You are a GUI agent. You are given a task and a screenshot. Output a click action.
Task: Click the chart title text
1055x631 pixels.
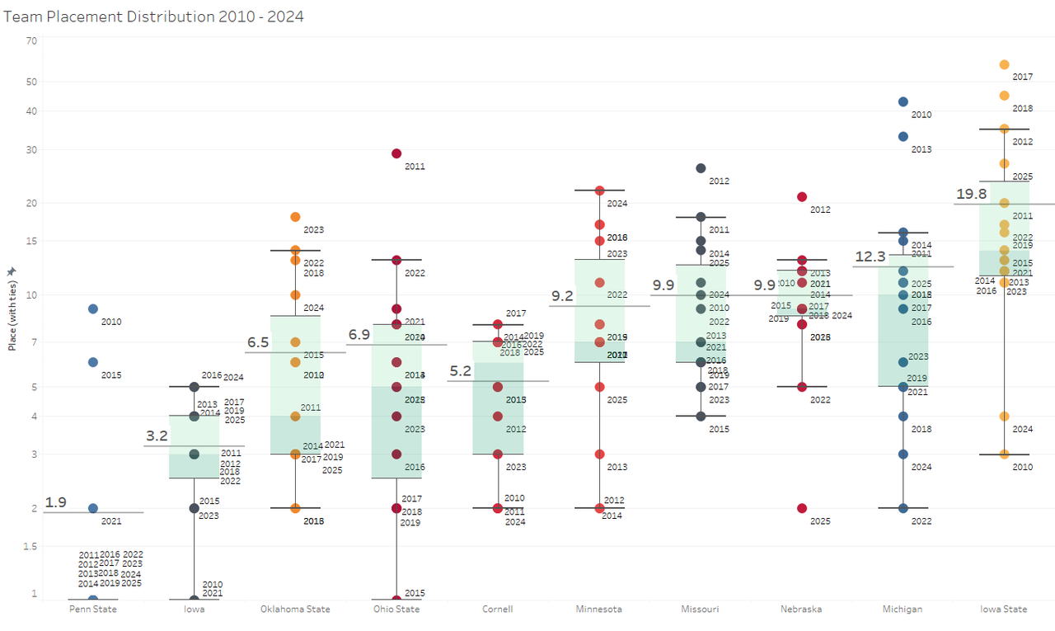coord(154,16)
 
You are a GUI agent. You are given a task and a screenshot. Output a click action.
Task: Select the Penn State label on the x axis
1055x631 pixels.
coord(93,610)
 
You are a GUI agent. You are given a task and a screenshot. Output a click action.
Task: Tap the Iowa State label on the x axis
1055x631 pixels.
coord(1003,610)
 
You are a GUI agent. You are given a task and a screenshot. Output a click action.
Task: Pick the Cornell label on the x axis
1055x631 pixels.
coord(498,610)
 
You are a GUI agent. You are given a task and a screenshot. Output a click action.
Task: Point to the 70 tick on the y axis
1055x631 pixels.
coord(31,40)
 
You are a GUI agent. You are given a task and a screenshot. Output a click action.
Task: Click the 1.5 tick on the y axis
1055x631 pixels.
coord(30,546)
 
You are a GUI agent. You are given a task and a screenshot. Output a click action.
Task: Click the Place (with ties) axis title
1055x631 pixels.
coord(12,308)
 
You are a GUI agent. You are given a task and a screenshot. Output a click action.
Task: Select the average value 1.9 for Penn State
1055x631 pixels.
coord(56,502)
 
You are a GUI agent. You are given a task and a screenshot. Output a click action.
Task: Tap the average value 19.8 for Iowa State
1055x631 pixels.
coord(971,194)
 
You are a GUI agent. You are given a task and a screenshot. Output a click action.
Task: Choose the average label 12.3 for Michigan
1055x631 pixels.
coord(870,257)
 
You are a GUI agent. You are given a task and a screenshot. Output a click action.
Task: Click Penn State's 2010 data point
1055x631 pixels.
coord(93,309)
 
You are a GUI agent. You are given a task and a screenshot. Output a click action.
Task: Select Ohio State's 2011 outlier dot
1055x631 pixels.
coord(396,153)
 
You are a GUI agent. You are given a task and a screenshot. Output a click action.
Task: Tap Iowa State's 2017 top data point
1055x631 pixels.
coord(1004,64)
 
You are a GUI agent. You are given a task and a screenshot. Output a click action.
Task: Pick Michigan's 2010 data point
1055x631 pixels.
coord(903,101)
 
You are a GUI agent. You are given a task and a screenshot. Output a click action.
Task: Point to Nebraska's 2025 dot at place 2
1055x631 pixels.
coord(802,508)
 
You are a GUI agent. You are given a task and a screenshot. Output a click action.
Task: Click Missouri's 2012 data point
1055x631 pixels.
coord(701,168)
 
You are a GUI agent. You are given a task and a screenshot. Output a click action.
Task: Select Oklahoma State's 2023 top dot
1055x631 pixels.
coord(295,217)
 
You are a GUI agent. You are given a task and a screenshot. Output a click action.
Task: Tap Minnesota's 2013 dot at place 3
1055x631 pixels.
coord(600,454)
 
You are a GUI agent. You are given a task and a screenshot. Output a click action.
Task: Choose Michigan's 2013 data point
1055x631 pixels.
coord(903,136)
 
